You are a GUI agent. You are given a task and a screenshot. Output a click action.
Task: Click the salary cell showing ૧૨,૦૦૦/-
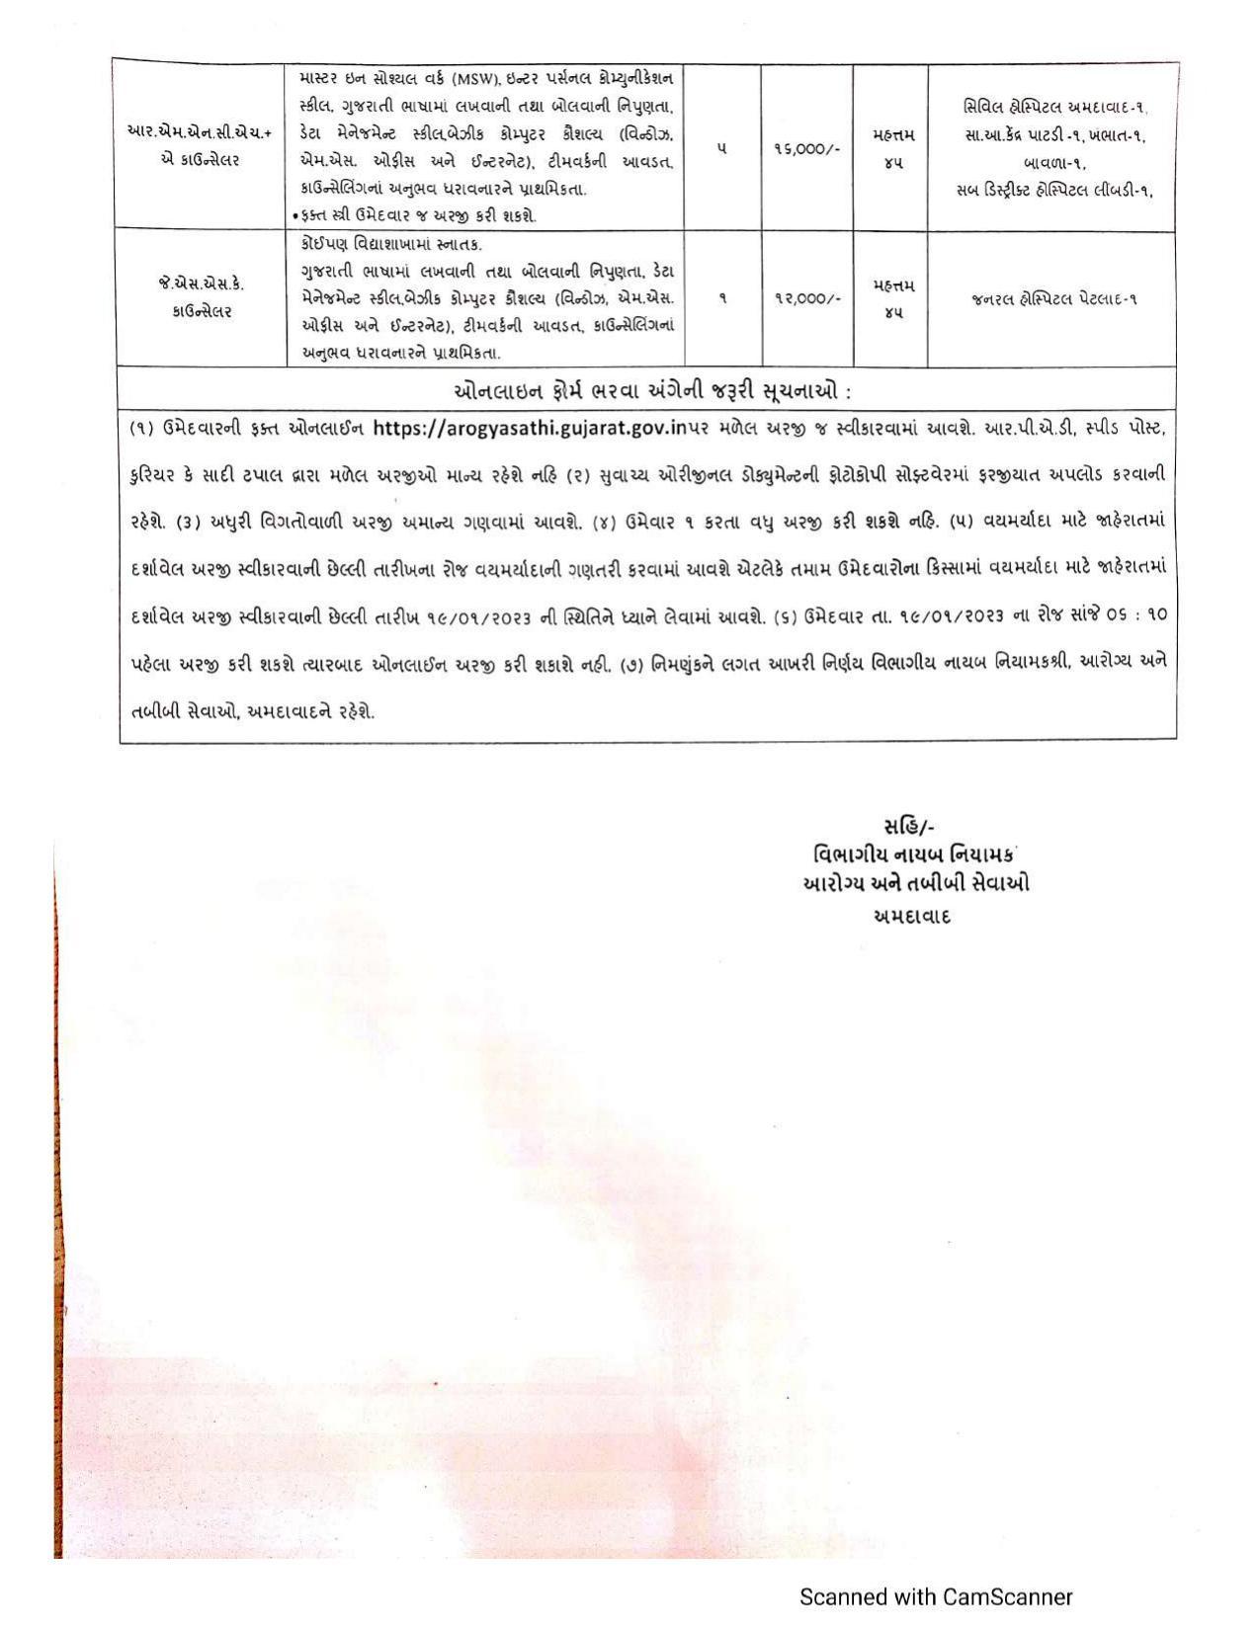(x=806, y=297)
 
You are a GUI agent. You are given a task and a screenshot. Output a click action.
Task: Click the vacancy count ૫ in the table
(x=721, y=148)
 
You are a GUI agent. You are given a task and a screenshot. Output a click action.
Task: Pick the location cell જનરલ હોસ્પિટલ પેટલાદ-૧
(x=1052, y=298)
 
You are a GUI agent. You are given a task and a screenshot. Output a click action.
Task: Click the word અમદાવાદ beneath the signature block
(x=912, y=916)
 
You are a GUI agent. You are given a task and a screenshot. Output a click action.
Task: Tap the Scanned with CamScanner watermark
(x=935, y=1597)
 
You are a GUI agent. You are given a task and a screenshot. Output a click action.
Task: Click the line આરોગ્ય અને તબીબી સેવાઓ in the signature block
(x=916, y=884)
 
